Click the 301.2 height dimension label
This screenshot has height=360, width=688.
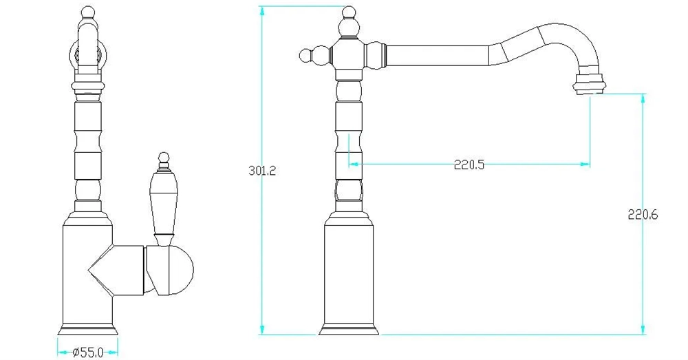[x=262, y=170]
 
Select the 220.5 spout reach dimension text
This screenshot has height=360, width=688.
[x=469, y=165]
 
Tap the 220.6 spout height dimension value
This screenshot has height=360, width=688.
[x=643, y=215]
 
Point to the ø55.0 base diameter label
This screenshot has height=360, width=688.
[x=88, y=352]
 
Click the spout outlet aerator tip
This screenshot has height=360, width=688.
[x=590, y=83]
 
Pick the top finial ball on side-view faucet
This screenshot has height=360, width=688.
[x=348, y=12]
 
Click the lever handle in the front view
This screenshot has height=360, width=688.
[x=164, y=198]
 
